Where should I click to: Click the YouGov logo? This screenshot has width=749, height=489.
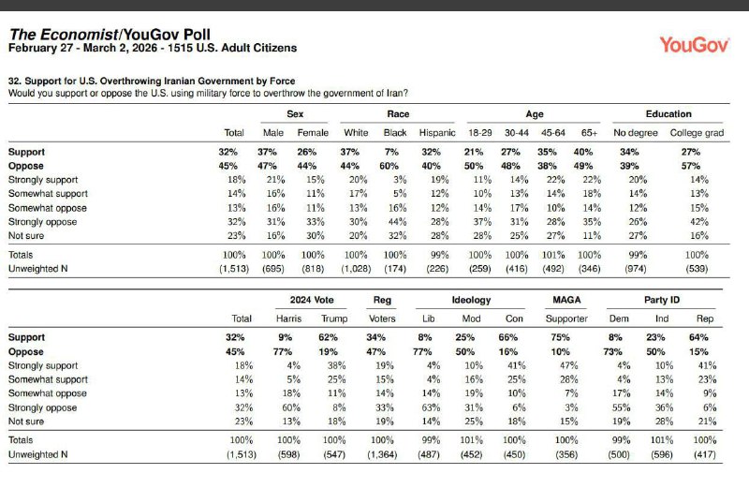coord(693,44)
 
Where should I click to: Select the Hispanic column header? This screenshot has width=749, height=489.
coord(437,132)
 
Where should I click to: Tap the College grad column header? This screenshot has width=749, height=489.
coord(697,132)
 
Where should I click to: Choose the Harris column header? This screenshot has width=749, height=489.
coord(290,319)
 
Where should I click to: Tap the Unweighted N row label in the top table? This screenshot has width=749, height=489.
coord(37,269)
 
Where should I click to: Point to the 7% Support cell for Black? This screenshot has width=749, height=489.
coord(394,151)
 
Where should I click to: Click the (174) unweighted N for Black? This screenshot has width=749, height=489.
coord(394,269)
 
